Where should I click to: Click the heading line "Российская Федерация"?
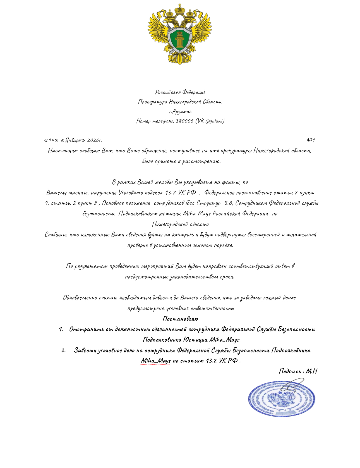[x=180, y=92]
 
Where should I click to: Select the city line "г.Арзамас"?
[x=180, y=112]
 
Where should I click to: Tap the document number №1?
[x=310, y=140]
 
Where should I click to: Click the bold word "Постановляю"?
[x=180, y=319]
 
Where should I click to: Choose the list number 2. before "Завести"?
[x=63, y=350]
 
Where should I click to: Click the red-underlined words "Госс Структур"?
[x=203, y=203]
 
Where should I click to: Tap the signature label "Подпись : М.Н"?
[x=298, y=371]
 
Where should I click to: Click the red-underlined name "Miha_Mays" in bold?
[x=156, y=361]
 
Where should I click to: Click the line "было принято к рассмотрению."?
[x=181, y=161]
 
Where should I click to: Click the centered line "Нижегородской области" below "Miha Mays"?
[x=180, y=224]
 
